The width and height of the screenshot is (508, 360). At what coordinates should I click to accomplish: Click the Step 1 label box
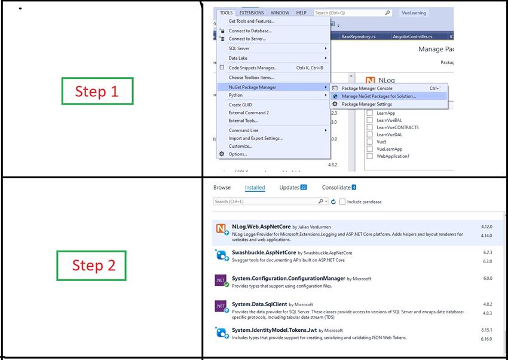click(97, 91)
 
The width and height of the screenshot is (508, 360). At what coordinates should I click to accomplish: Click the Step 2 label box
click(91, 266)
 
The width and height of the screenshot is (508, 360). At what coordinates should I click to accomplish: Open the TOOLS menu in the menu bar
click(226, 13)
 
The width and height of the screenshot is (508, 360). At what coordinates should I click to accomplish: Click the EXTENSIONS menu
click(252, 13)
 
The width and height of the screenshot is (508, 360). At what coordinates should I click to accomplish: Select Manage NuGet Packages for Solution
click(378, 96)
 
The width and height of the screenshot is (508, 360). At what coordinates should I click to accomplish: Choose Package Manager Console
click(366, 88)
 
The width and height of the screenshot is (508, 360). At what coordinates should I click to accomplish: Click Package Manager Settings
click(366, 104)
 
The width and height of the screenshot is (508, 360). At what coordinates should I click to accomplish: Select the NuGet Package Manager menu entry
click(252, 87)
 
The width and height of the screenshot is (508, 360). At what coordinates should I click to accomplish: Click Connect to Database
click(250, 30)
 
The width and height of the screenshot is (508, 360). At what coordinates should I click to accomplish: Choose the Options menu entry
click(237, 154)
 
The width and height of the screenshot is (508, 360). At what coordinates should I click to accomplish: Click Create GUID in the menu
click(240, 105)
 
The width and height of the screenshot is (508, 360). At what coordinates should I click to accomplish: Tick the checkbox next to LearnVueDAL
click(369, 135)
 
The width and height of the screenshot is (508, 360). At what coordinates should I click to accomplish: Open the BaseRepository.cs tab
click(358, 36)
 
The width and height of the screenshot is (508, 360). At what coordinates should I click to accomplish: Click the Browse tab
click(222, 187)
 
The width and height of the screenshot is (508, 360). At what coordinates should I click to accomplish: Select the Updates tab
click(289, 187)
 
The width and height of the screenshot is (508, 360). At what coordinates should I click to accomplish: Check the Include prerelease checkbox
click(342, 202)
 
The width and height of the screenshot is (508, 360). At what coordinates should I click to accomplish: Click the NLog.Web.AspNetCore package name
click(260, 227)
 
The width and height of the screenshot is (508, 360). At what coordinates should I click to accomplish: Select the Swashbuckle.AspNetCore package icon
click(221, 255)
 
